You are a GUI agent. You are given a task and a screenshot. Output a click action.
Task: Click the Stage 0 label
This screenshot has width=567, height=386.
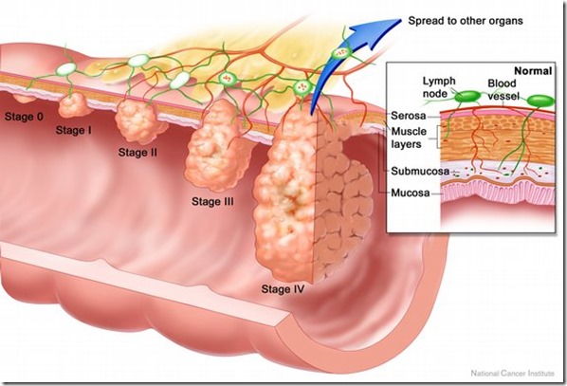point(24,117)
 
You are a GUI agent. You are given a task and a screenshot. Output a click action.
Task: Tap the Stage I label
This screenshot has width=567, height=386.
point(73,130)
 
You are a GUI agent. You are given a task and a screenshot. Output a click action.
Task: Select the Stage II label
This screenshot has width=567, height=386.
point(137,153)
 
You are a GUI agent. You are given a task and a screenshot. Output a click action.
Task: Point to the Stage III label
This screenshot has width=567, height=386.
point(212,201)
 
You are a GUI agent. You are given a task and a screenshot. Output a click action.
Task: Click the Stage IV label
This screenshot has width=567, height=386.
point(283,289)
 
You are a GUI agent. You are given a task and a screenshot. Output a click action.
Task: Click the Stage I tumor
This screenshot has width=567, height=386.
point(73,105)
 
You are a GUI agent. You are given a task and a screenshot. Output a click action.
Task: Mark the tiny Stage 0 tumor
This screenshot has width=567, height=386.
point(25,98)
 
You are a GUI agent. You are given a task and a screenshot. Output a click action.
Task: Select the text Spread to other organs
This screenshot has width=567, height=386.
point(466,21)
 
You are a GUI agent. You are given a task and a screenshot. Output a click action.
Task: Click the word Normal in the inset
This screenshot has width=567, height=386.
point(533,71)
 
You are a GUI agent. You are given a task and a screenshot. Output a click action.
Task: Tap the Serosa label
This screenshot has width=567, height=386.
point(409,116)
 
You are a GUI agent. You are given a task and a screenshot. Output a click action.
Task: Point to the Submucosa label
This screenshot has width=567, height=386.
point(420,171)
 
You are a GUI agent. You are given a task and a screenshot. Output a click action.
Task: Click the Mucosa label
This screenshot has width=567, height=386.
point(411,193)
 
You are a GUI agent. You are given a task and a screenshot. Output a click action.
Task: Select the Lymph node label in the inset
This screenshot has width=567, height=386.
point(439,87)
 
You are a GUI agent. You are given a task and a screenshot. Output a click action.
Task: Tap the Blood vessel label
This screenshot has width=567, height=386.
point(503,89)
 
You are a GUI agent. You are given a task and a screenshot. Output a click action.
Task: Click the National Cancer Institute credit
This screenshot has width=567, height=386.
point(512,373)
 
